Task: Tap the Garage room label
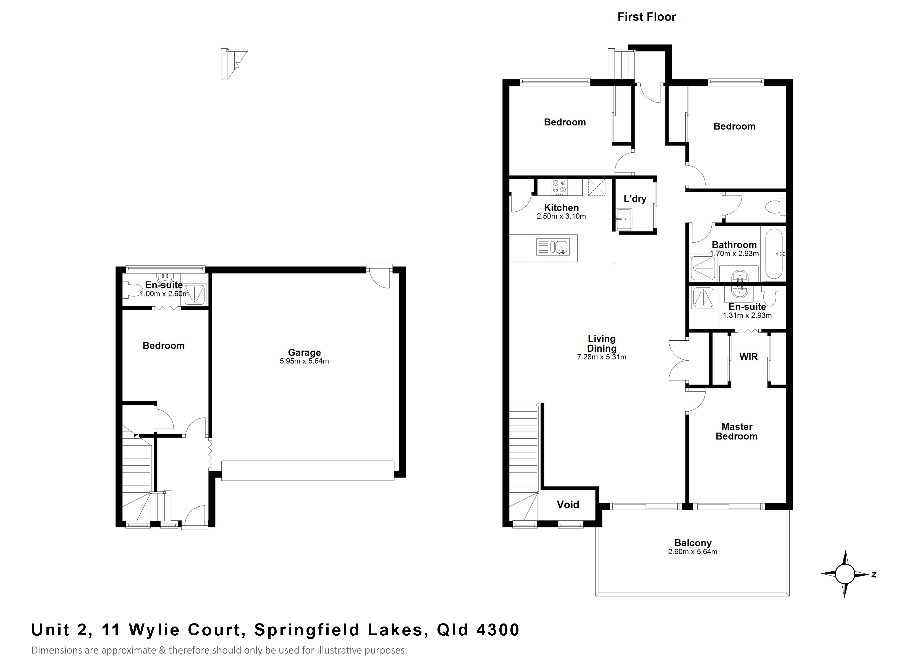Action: [x=304, y=352]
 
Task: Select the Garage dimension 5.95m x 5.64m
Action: [x=304, y=361]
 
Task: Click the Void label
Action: [x=568, y=505]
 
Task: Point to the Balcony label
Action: [x=693, y=543]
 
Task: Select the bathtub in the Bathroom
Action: [x=774, y=253]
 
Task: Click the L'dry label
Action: [x=635, y=199]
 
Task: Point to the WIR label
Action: [x=748, y=357]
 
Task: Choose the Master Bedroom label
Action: [x=737, y=432]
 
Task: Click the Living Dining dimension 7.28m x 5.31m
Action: [x=602, y=357]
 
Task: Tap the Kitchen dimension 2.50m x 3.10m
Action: [x=561, y=216]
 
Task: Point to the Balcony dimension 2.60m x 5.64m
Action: [x=693, y=552]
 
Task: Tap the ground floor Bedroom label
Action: [x=163, y=345]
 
